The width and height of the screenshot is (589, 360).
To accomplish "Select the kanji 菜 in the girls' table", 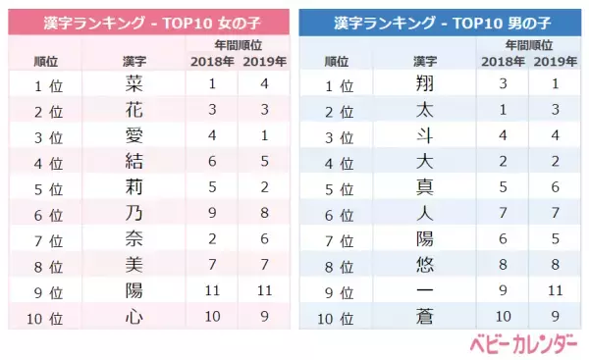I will (128, 85).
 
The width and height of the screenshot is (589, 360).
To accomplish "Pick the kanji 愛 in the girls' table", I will (128, 135).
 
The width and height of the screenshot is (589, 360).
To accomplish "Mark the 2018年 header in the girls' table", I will (212, 62).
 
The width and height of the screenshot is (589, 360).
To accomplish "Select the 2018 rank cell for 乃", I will (212, 212).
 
